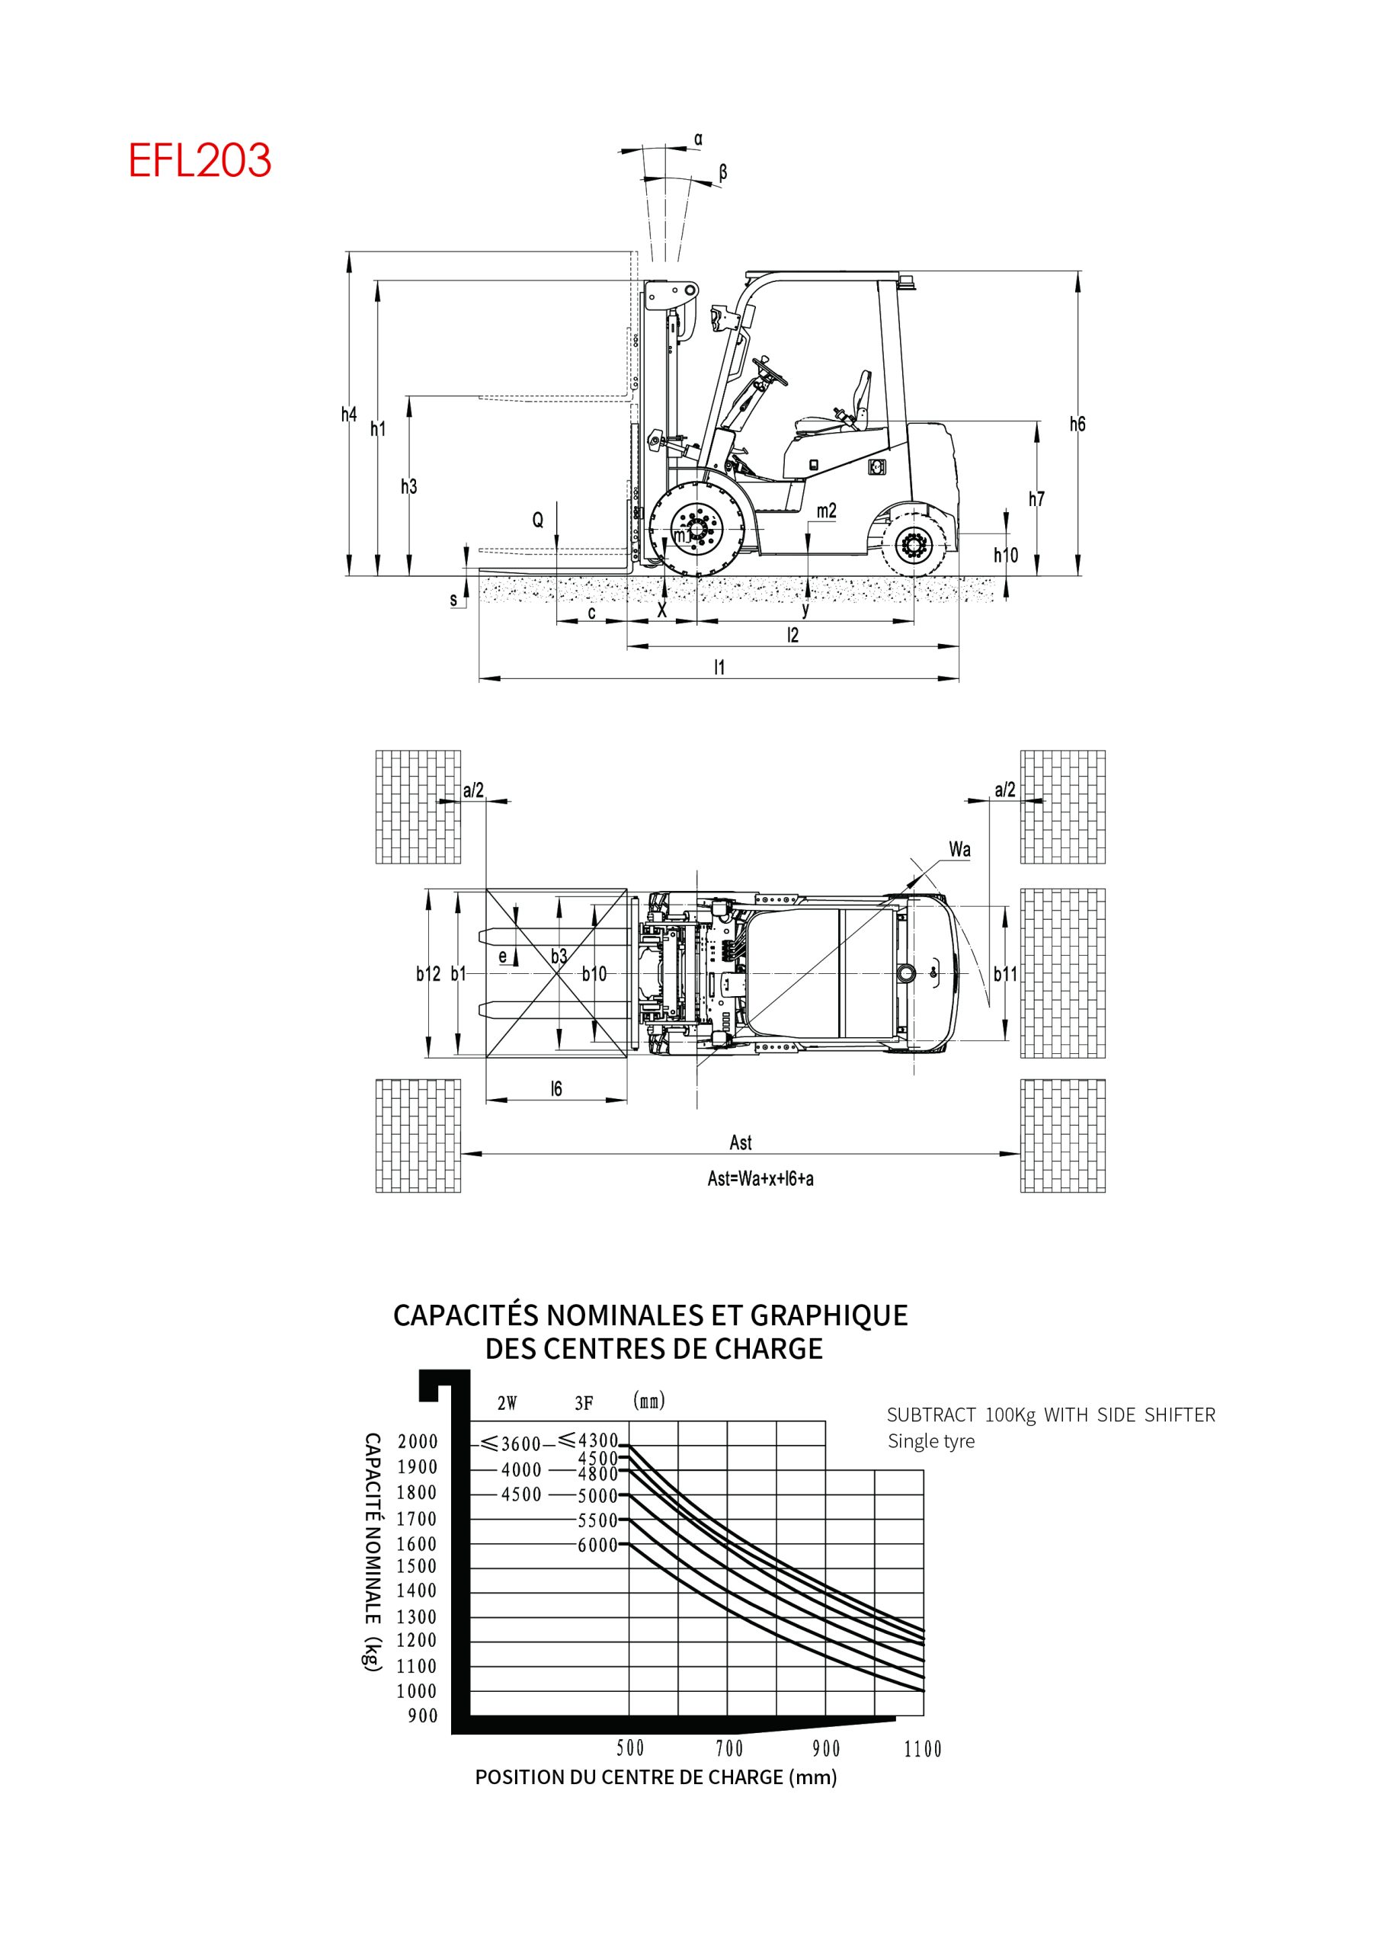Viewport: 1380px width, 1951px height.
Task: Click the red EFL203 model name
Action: click(200, 160)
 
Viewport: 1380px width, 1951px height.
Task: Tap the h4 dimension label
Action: click(349, 415)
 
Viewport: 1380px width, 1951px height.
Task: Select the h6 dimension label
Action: click(1077, 424)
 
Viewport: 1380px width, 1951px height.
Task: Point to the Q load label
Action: click(538, 520)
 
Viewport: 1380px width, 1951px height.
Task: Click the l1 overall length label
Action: click(720, 667)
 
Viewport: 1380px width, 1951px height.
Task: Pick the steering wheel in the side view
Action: click(770, 371)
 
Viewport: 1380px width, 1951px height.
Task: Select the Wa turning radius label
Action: click(959, 849)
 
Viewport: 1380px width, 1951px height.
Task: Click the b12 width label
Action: click(428, 974)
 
